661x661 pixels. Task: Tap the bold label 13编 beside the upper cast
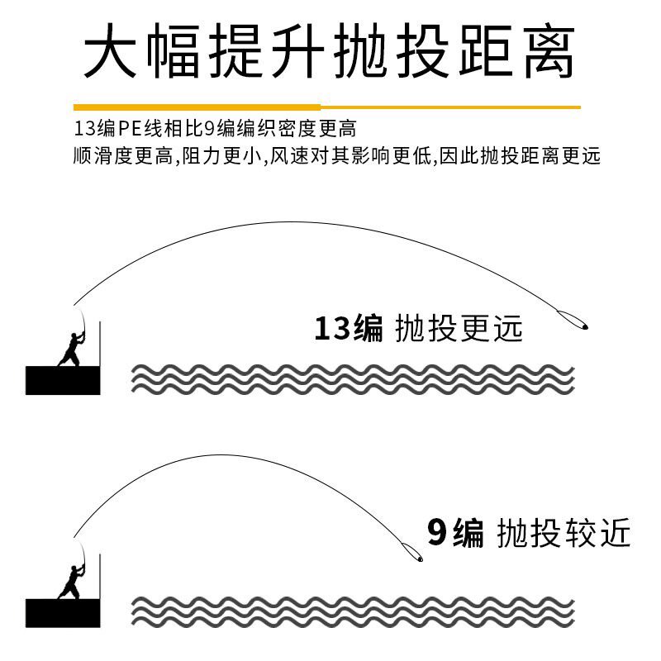348,329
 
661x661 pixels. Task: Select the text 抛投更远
459,329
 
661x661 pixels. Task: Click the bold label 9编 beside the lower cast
455,533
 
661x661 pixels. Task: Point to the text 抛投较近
564,533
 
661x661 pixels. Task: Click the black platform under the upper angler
63,380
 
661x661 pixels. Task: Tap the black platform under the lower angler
63,612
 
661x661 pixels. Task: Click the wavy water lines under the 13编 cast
353,378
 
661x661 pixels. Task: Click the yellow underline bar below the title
326,107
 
